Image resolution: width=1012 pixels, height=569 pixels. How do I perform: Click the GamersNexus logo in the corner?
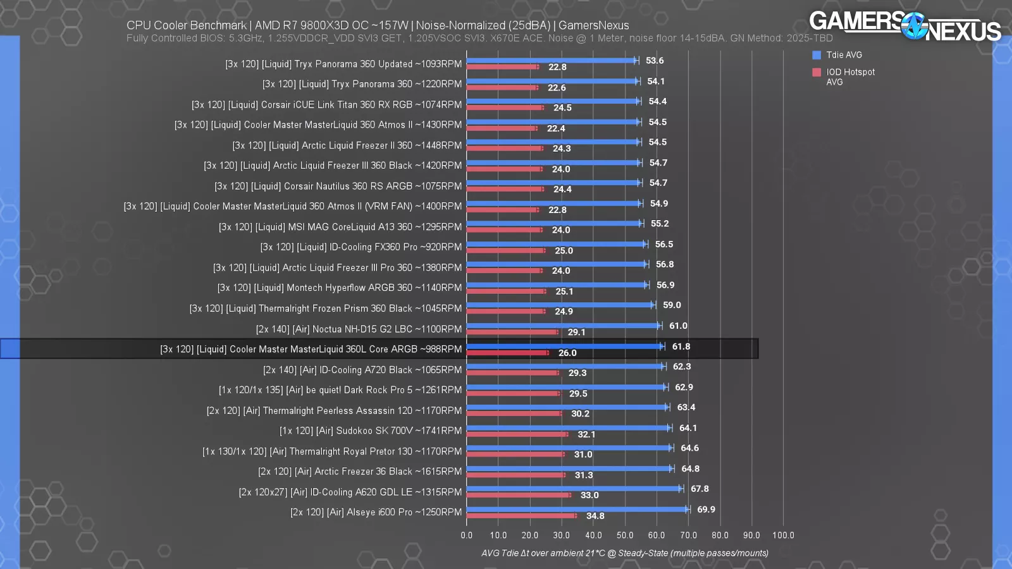904,26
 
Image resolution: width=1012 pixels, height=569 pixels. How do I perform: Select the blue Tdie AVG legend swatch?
817,55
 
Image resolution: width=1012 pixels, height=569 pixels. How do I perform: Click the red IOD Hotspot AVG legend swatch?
817,72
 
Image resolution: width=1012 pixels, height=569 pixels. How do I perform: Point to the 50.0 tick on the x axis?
625,535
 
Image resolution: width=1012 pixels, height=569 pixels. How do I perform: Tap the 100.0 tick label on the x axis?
783,535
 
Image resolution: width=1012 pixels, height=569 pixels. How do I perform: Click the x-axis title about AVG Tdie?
625,553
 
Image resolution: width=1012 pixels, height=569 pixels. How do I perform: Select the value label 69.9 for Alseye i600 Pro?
706,510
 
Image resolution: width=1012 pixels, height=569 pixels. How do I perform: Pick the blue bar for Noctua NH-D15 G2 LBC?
564,326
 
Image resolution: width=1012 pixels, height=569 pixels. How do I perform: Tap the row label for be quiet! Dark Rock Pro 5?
340,390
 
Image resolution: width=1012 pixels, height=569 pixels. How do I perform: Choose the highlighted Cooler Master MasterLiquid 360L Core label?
311,349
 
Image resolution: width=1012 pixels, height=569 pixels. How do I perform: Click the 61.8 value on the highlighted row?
681,346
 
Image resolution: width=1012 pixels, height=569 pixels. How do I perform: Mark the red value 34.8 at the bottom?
595,516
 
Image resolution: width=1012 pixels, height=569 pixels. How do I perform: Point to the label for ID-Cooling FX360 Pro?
361,247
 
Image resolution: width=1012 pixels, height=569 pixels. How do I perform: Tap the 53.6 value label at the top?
655,61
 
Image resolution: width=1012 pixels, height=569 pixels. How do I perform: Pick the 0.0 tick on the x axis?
467,535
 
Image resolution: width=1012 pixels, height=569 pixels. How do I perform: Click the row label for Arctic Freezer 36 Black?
360,472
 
